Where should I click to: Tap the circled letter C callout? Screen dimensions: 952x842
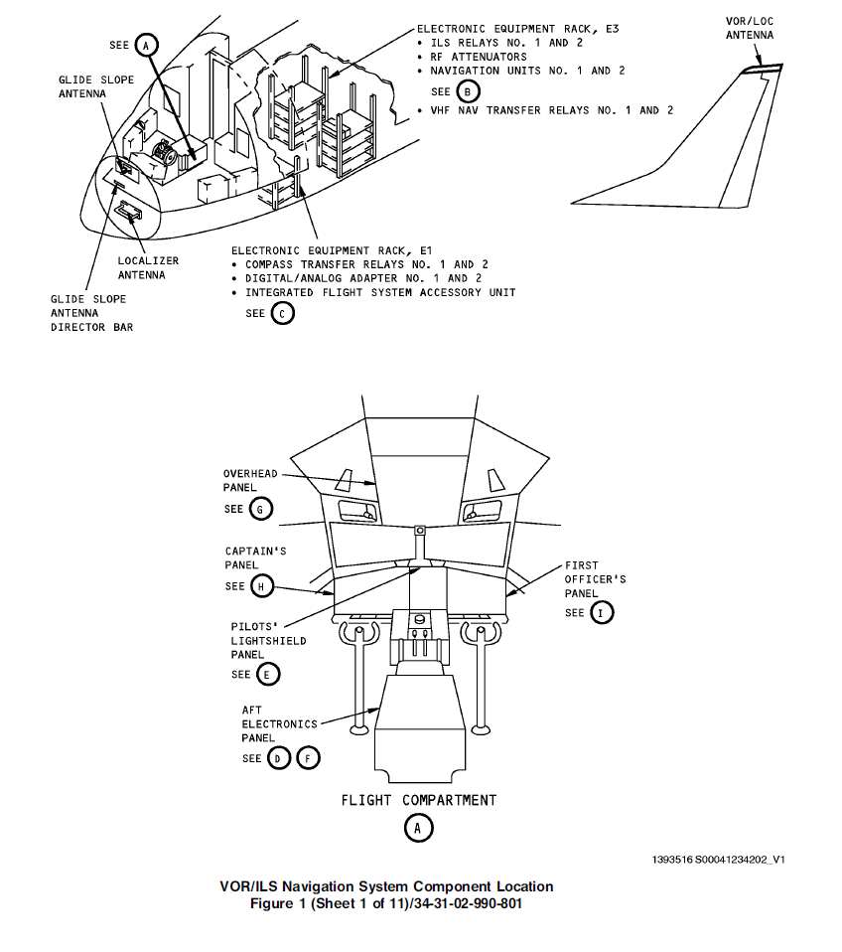coord(283,314)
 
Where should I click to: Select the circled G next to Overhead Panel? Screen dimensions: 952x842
coord(260,509)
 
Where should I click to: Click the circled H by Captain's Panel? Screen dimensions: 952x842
coord(261,586)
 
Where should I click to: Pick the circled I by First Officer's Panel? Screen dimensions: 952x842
coord(602,612)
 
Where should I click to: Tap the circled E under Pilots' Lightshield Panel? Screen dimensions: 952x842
coord(268,674)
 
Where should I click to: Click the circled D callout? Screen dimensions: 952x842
coord(280,758)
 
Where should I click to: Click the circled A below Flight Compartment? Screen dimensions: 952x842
coord(418,828)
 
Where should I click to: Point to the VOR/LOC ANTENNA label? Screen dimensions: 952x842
coord(750,28)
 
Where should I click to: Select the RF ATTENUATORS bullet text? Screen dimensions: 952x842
coord(478,57)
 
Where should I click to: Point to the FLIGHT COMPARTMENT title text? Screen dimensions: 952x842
coord(419,800)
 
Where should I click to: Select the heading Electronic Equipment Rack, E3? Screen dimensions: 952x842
coord(517,29)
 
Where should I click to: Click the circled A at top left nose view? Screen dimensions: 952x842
coord(146,46)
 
